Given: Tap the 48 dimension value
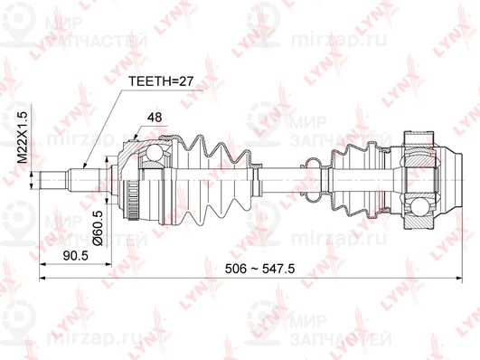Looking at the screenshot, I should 155,117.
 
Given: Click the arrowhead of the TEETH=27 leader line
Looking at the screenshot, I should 82,167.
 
